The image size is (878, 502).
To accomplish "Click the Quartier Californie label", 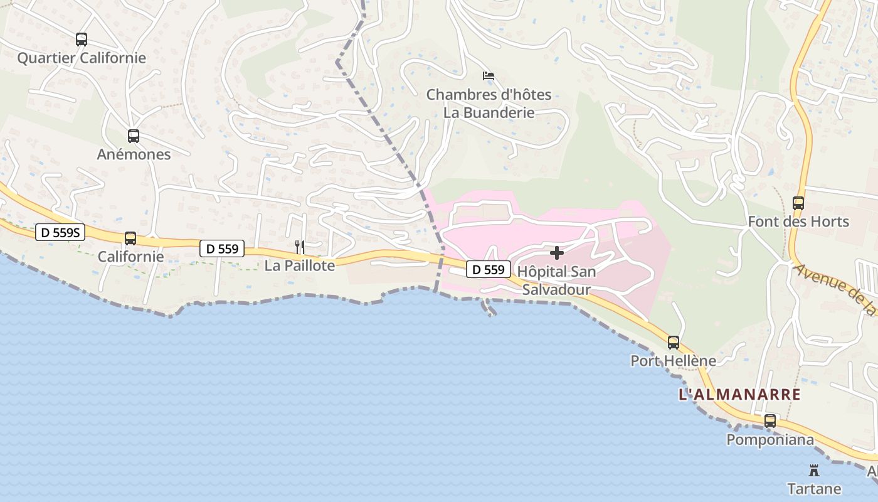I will (x=82, y=58).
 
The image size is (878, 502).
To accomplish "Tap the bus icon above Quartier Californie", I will (x=82, y=40).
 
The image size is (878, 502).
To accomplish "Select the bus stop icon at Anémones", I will (x=133, y=136).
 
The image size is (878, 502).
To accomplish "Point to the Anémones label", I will (x=134, y=154).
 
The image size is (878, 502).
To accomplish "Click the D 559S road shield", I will (x=60, y=233).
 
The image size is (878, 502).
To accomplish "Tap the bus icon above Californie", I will (x=130, y=238).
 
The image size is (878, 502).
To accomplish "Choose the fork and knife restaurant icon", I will (x=300, y=247).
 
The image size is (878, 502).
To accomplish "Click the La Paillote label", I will (x=300, y=265).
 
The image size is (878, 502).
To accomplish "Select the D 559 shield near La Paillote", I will (x=222, y=248).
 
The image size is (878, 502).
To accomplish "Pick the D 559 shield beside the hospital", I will (x=488, y=270).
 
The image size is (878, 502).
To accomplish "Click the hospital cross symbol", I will (x=556, y=253).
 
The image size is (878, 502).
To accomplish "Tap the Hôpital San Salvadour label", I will (x=556, y=280).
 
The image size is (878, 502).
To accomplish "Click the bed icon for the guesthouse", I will (x=489, y=76).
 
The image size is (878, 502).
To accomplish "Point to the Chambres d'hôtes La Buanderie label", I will (x=489, y=104).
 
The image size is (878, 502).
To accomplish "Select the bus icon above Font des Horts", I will (x=798, y=203).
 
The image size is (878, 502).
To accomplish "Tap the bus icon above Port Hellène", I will (x=673, y=343).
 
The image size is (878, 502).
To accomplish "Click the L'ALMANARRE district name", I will (x=740, y=395).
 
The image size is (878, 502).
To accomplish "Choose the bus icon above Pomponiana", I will (x=770, y=421).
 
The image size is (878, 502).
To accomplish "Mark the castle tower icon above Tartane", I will (x=814, y=470).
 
